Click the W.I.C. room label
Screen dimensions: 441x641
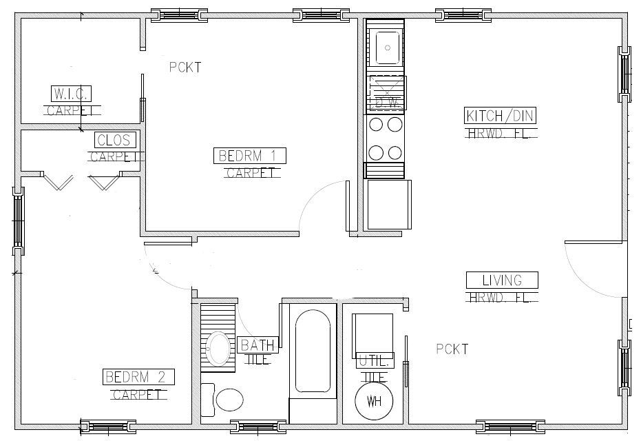coord(72,93)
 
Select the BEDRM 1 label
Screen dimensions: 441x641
coord(249,156)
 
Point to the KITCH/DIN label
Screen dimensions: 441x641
coord(501,116)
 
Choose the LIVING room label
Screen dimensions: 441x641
coord(502,280)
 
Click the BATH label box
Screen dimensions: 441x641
coord(258,345)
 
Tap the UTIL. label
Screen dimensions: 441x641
coord(375,361)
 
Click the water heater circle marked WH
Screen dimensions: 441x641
coord(374,401)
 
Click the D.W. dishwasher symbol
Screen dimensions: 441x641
coord(385,92)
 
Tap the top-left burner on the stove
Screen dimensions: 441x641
coord(377,125)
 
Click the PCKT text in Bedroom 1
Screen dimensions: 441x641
coord(185,67)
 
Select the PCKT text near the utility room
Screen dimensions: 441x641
coord(452,349)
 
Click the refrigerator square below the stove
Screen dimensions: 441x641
coord(388,204)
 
